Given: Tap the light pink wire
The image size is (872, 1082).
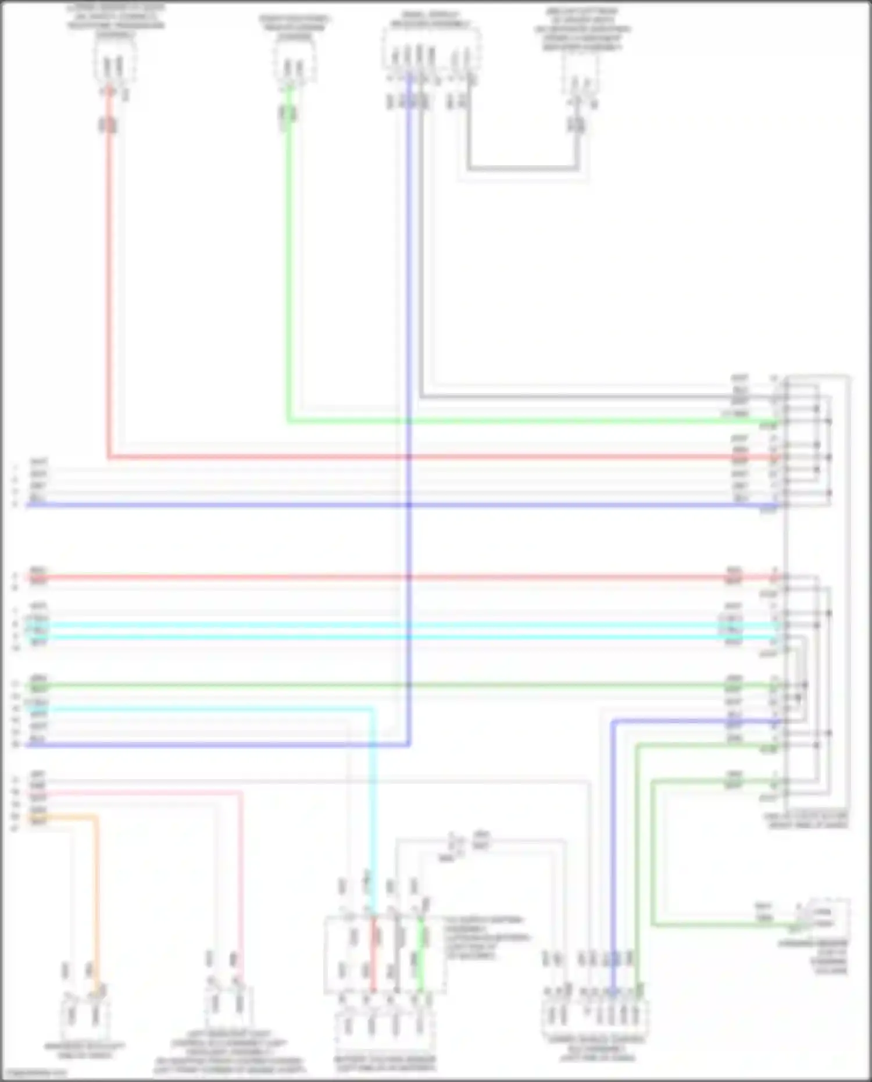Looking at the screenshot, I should pos(240,872).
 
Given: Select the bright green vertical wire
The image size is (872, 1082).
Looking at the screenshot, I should pos(288,262).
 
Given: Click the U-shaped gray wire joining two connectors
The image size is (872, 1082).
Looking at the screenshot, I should pos(523,169).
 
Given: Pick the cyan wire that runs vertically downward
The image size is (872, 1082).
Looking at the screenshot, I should pos(373,814).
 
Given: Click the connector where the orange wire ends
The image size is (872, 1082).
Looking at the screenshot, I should pos(84,1015).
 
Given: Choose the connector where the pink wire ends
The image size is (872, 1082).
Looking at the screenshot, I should pos(227,1003).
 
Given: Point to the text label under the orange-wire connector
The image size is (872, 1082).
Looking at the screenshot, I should pos(84,1051).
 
